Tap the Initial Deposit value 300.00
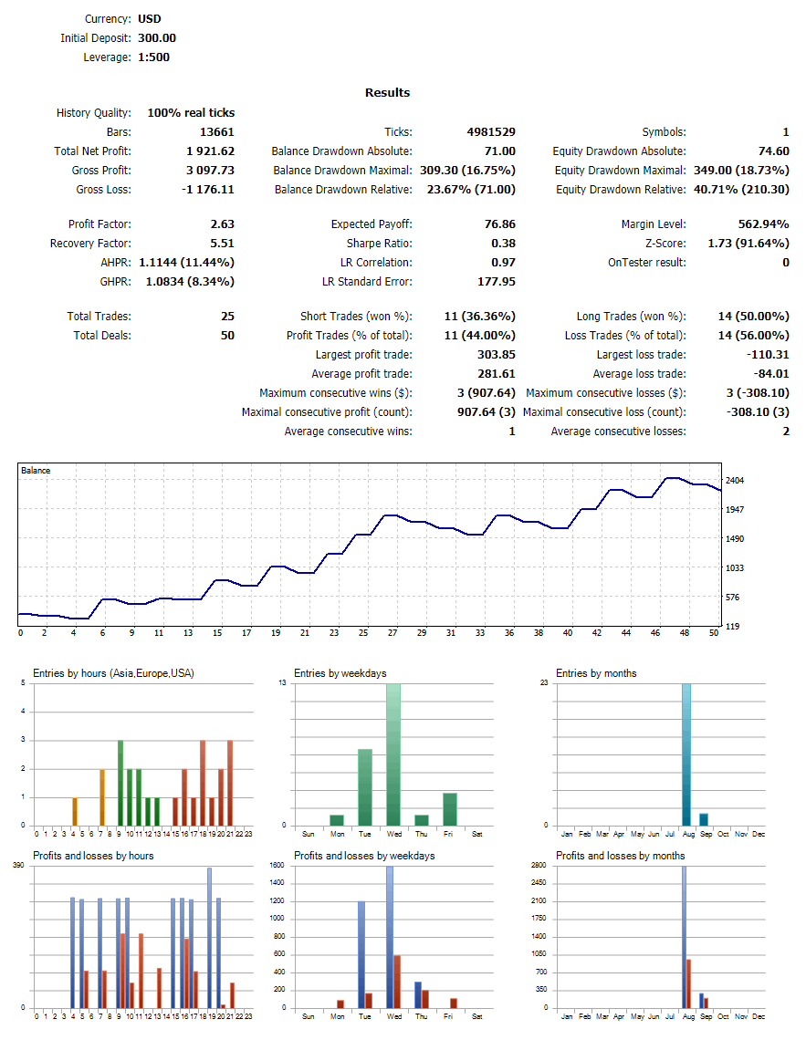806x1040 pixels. tap(157, 38)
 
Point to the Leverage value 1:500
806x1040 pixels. tap(153, 57)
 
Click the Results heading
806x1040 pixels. tap(387, 93)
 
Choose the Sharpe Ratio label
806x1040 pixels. tap(379, 244)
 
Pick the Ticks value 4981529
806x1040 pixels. tap(491, 132)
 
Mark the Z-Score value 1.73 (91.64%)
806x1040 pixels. tap(748, 244)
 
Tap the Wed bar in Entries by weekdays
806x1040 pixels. tap(393, 754)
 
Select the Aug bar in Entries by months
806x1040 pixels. tap(686, 754)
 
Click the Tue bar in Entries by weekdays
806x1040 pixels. tap(365, 787)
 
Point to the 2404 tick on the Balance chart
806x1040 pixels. tap(734, 481)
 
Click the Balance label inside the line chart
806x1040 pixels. tap(36, 471)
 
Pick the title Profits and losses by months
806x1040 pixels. tap(620, 856)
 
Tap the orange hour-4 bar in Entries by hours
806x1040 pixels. tap(74, 811)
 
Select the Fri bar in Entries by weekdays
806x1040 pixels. tap(450, 809)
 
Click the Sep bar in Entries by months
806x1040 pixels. tap(704, 819)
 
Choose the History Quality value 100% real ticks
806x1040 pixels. tap(191, 113)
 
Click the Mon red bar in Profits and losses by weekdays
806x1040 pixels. tap(340, 1004)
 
